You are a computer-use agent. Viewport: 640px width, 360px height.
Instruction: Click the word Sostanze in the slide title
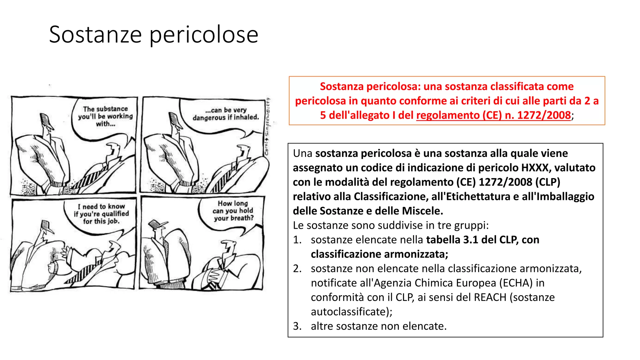pyautogui.click(x=95, y=34)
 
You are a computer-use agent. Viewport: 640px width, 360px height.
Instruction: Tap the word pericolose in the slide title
pyautogui.click(x=204, y=35)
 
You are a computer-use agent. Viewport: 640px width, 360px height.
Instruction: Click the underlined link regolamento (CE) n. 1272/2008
pyautogui.click(x=493, y=115)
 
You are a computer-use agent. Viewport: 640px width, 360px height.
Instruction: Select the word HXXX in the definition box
pyautogui.click(x=536, y=168)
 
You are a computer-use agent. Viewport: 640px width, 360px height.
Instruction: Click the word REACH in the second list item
pyautogui.click(x=490, y=297)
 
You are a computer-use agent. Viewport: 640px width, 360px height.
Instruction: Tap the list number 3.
pyautogui.click(x=297, y=326)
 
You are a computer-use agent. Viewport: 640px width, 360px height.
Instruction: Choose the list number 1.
pyautogui.click(x=297, y=240)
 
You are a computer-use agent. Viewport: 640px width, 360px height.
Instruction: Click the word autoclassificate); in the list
pyautogui.click(x=352, y=312)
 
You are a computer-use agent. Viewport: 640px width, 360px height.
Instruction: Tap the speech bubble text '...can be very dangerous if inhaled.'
pyautogui.click(x=226, y=114)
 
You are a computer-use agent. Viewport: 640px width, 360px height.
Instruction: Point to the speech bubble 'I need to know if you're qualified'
pyautogui.click(x=101, y=214)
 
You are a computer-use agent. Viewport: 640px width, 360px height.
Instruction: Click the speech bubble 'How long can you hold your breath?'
pyautogui.click(x=233, y=211)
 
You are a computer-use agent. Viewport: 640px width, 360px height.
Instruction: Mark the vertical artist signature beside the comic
pyautogui.click(x=267, y=127)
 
